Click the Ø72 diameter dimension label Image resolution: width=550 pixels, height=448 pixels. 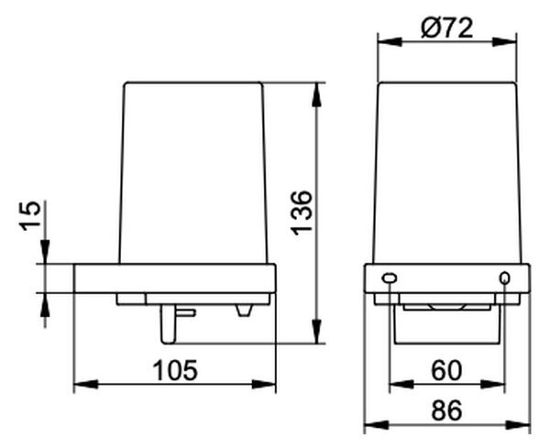coord(447,27)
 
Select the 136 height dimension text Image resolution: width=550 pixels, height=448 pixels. coord(302,213)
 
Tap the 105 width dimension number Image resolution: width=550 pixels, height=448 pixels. coord(175,370)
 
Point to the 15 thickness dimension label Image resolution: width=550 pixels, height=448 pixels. coord(30,216)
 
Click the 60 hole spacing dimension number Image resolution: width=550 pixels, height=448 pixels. coord(446,370)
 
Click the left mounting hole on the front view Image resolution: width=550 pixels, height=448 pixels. coord(390,279)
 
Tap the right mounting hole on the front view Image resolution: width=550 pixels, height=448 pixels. coord(505,279)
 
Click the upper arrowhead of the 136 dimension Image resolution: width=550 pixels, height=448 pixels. coord(317,94)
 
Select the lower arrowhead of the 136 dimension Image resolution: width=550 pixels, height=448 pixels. coord(317,331)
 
